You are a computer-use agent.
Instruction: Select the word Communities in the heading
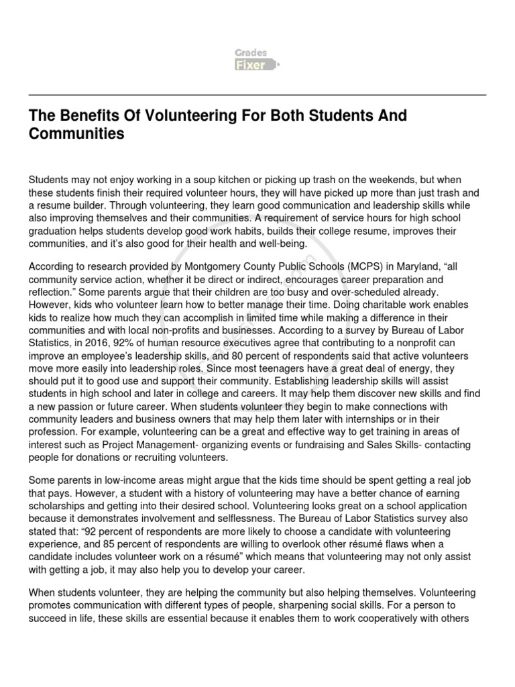click(76, 134)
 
